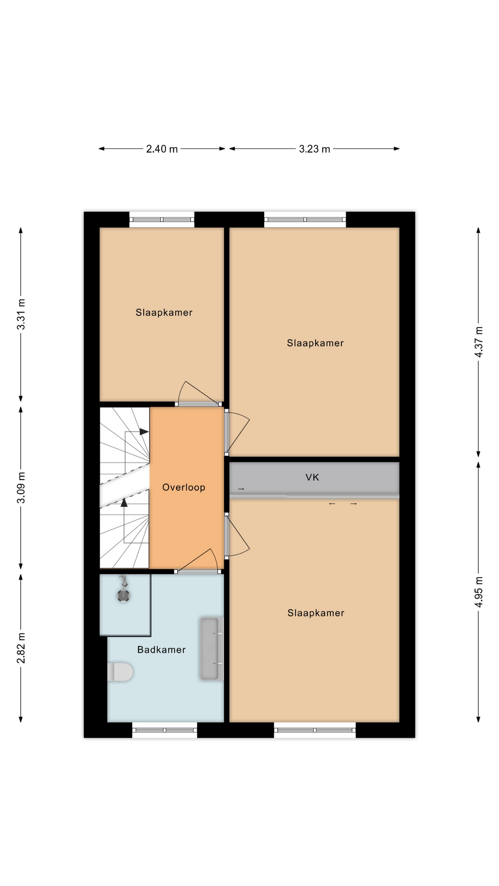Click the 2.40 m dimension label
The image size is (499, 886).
coord(162,149)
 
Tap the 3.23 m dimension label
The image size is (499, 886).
coord(314,149)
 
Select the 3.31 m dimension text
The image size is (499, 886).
coord(21,314)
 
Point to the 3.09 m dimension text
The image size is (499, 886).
coord(21,488)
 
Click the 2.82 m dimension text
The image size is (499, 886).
coord(21,648)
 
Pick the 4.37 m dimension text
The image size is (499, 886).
coord(479,342)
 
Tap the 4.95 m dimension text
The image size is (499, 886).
coord(479,592)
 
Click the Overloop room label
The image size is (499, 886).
coord(183,487)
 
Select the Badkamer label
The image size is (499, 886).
coord(161,650)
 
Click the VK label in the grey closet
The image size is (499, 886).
coord(312,477)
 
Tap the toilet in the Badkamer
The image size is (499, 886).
coord(120,672)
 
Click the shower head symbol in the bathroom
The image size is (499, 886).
coord(123,590)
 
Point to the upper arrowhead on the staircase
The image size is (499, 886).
coord(144,432)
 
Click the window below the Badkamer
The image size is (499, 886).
coord(164,730)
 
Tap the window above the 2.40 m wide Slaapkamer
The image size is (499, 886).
coord(162,219)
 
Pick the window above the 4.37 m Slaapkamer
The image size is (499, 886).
coord(305,219)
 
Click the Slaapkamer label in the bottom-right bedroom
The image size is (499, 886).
coord(316,613)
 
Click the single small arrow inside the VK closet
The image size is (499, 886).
coord(241,489)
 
